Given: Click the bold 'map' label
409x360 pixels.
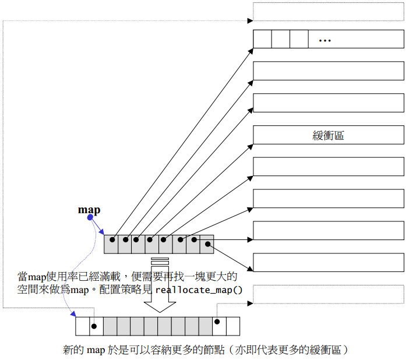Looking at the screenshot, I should (89, 210).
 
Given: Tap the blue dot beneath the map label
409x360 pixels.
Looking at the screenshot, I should (90, 218).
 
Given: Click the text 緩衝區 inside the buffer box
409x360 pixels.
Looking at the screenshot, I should (328, 135).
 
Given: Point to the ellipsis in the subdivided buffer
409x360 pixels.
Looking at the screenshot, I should (325, 40).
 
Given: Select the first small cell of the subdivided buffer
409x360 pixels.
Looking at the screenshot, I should (262, 39).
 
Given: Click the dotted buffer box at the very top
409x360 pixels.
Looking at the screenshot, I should (328, 12).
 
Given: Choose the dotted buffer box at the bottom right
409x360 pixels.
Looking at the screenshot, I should (328, 294).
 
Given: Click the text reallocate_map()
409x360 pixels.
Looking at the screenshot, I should (199, 290).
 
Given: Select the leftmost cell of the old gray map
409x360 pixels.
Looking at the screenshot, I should (111, 244).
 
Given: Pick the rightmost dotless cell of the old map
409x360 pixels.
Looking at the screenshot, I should (207, 244).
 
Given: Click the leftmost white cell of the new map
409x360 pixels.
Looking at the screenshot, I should (82, 326).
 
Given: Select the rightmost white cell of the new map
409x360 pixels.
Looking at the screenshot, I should (232, 326).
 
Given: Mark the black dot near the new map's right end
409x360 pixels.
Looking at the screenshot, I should (217, 322).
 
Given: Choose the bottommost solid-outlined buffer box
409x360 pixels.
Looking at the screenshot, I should (328, 262).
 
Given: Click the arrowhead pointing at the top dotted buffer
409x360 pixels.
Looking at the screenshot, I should (251, 21).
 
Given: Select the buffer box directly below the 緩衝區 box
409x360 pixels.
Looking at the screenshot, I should (328, 167).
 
